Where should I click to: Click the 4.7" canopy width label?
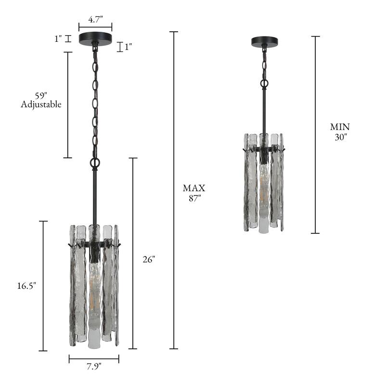click(x=95, y=19)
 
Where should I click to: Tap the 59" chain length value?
click(x=41, y=95)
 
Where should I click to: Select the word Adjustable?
click(x=41, y=104)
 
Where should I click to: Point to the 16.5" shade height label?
click(x=26, y=286)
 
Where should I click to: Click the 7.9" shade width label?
click(x=94, y=367)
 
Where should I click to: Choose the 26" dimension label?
click(x=149, y=259)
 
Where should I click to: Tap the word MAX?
click(x=194, y=188)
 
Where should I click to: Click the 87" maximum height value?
click(x=195, y=198)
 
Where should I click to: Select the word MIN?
click(x=340, y=127)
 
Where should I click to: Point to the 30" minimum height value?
click(x=341, y=137)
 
